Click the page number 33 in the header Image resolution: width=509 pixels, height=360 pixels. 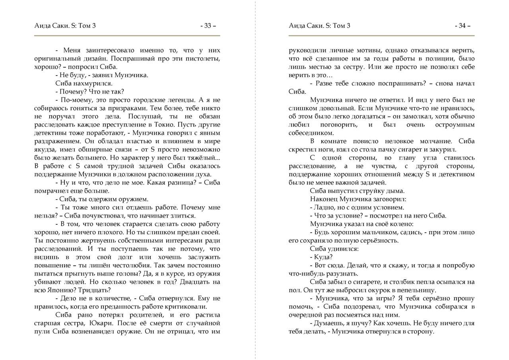[208, 26]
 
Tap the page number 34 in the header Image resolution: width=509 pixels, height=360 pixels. [462, 26]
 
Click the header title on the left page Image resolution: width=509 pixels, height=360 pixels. [65, 26]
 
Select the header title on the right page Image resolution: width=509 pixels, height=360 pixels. [320, 26]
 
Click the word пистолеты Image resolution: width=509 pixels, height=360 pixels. [202, 59]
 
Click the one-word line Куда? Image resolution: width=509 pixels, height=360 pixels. [323, 257]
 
